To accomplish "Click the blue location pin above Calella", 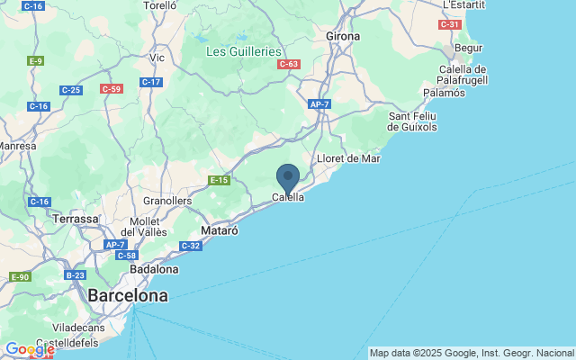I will point(288,176).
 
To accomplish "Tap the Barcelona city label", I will point(128,295).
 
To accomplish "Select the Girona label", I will point(343,36).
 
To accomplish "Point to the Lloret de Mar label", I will point(349,158).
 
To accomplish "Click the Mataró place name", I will point(219,230).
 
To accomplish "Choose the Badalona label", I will point(155,268).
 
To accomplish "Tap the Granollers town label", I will point(168,201).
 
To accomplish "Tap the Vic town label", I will point(157,58).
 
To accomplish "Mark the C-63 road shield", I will point(289,64).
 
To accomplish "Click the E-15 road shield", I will point(219,181).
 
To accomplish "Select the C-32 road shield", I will point(190,246).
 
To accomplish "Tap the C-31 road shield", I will point(450,24).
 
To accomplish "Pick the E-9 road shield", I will point(36,60).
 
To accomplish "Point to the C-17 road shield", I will point(151,82).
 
